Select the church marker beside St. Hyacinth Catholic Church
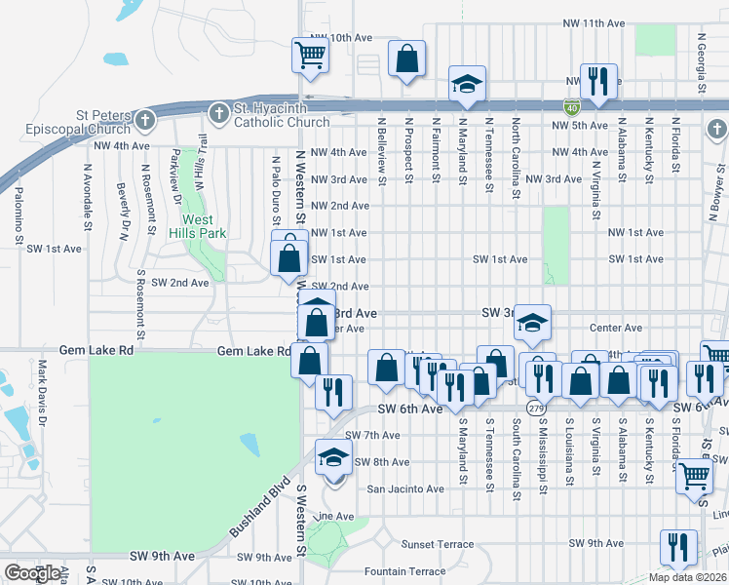pos(218,114)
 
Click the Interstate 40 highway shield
pos(571,106)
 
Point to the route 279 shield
pos(536,407)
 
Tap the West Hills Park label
pos(198,227)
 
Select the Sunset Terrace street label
pos(438,544)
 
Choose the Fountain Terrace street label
pos(404,571)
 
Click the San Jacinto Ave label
pos(405,488)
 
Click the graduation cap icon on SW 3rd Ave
pos(533,323)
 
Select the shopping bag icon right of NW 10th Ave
pos(406,58)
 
